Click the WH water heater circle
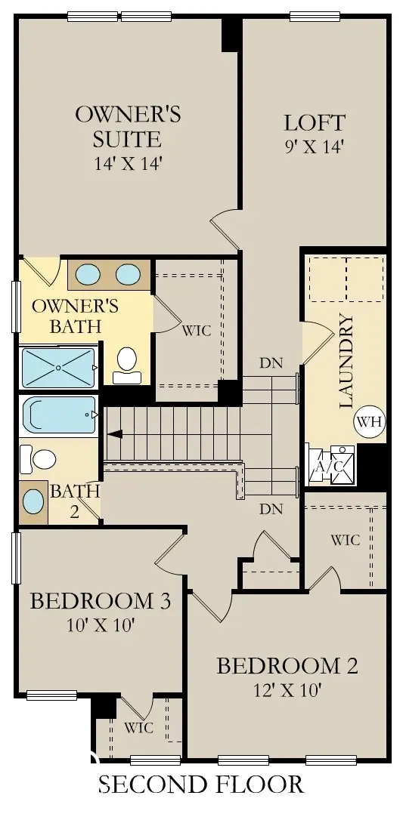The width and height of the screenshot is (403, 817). pos(370,421)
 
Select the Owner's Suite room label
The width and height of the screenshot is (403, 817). pos(128,127)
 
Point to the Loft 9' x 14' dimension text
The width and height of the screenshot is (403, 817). pos(315,146)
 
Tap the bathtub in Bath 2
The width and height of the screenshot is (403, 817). pos(60,415)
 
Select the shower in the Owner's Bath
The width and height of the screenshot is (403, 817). pos(57,367)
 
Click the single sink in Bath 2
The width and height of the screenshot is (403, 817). pos(33,501)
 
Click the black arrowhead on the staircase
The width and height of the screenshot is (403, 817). pos(115,434)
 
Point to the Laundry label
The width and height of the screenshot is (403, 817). pos(347,362)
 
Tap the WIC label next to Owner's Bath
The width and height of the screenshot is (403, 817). pos(197,331)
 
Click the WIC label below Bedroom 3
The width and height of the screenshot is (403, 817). pos(139,728)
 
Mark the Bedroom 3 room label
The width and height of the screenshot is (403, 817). pos(100,601)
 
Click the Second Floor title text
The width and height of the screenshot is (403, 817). pos(201,785)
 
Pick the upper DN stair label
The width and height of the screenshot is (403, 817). pos(271,363)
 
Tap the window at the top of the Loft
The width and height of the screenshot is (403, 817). pos(315,16)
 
